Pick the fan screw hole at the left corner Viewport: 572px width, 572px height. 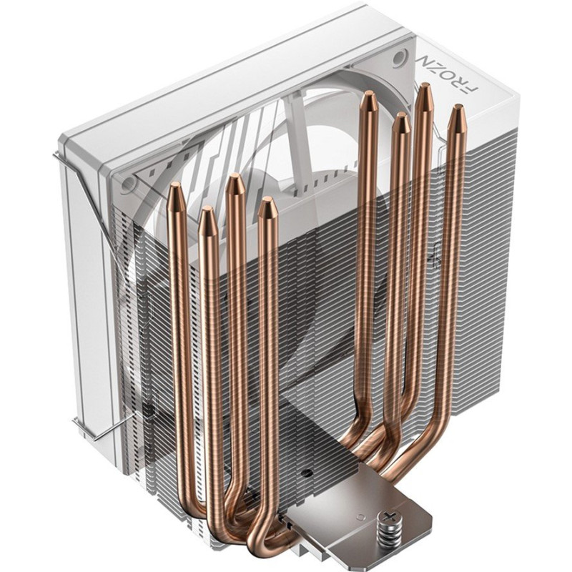[x=128, y=184]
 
